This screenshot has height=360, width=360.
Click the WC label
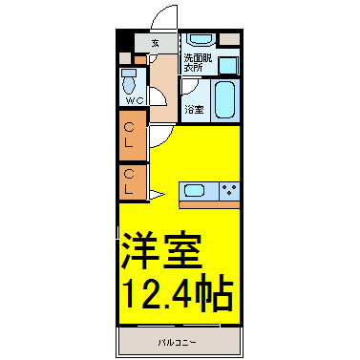(135, 101)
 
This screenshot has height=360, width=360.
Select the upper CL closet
(133, 136)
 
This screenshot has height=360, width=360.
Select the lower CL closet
(133, 181)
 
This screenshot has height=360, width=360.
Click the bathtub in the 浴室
(224, 100)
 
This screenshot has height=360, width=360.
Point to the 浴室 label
(194, 110)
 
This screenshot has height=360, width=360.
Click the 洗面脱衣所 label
(198, 63)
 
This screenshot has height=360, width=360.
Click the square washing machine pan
(228, 65)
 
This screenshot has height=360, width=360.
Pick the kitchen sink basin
(194, 191)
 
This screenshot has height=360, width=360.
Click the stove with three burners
(229, 191)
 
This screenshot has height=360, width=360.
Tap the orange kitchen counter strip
(209, 204)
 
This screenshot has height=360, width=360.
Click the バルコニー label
(178, 343)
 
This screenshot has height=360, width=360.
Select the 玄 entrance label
(155, 43)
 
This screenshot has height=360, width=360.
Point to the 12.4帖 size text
(178, 294)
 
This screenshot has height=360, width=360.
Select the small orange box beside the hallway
(139, 60)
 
